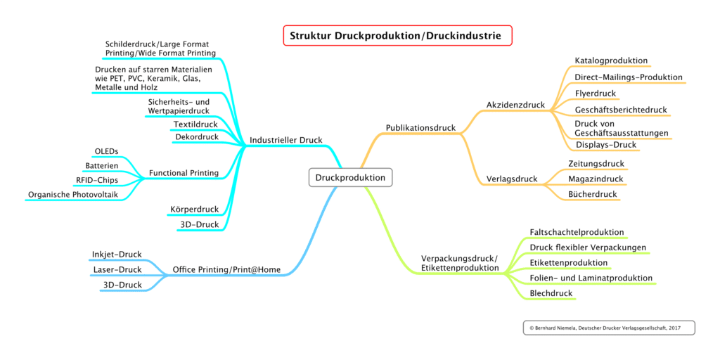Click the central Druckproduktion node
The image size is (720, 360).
point(350,178)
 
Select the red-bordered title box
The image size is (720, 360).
point(397,36)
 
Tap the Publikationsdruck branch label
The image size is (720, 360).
point(420,128)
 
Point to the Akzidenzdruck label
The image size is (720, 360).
point(515,105)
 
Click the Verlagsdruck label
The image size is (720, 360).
point(512,179)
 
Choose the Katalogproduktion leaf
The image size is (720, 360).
point(611,61)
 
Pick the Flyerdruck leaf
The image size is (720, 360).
point(596,94)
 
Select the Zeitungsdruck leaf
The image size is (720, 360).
point(596,164)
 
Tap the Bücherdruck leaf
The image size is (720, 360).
point(592,195)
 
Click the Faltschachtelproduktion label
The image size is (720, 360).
point(577,232)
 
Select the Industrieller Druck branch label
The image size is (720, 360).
point(285,141)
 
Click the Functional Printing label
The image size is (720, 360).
point(184,173)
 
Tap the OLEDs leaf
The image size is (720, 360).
point(106,152)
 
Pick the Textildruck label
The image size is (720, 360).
point(195,125)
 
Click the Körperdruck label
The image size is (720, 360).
point(194,210)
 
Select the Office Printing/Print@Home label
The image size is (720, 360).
point(226,270)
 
